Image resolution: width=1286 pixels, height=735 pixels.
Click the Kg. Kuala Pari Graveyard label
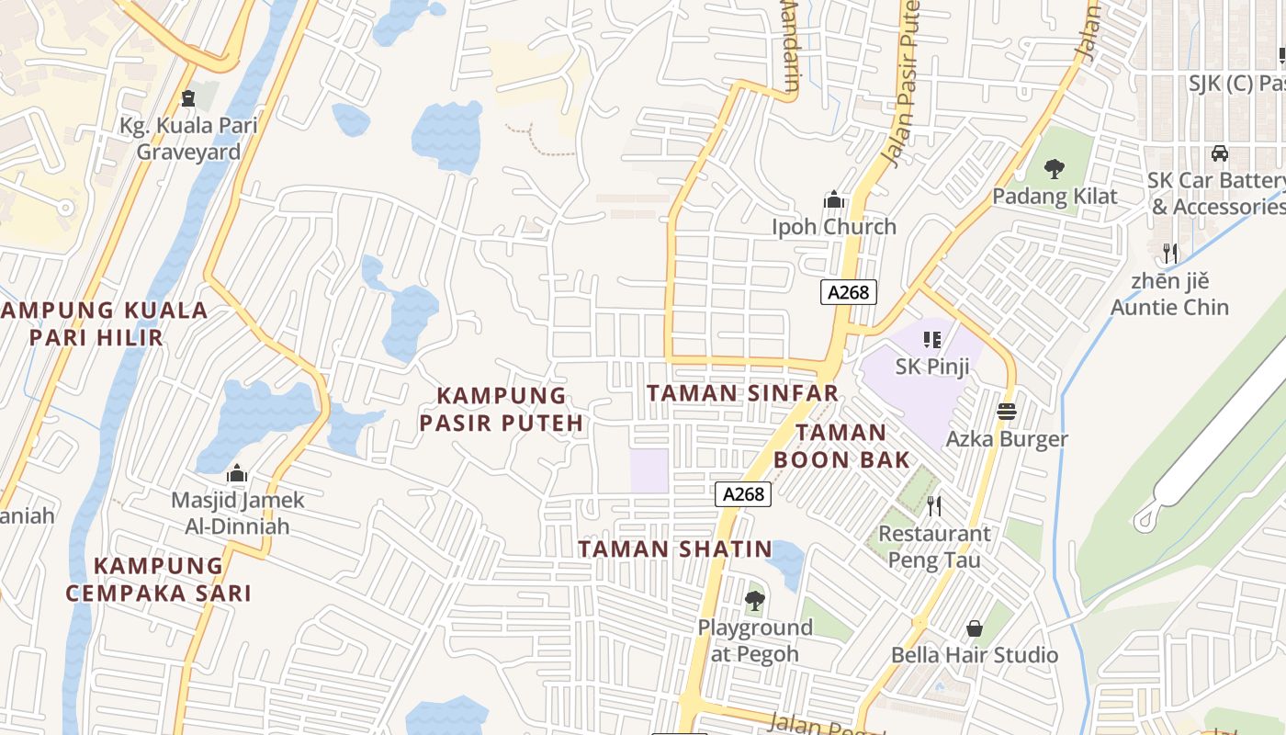188,139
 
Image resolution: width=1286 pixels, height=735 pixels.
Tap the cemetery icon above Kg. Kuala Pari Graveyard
188,97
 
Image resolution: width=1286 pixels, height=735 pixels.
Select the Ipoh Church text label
833,227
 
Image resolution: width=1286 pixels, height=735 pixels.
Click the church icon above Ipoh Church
833,199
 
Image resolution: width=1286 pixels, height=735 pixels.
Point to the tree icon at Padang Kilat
1054,169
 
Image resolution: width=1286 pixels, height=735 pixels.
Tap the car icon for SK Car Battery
1219,153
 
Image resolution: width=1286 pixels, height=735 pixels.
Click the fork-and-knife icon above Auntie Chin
1169,253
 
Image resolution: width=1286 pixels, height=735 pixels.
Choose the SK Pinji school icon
932,340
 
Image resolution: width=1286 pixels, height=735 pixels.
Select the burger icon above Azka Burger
1007,412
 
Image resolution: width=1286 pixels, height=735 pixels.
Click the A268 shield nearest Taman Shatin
742,494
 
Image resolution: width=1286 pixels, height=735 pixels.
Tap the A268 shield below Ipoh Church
848,292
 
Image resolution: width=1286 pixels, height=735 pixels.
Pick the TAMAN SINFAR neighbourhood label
742,393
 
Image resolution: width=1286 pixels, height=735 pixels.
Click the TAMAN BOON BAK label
841,446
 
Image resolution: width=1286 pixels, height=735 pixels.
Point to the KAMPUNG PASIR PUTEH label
502,409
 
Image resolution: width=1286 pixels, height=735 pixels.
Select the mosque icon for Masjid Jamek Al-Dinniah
237,474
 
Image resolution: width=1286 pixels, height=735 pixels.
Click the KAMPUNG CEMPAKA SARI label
158,579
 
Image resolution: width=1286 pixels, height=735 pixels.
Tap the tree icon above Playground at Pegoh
754,602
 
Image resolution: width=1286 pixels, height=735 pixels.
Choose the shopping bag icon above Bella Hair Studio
974,629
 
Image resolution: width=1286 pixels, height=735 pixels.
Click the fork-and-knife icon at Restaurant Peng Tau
934,506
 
